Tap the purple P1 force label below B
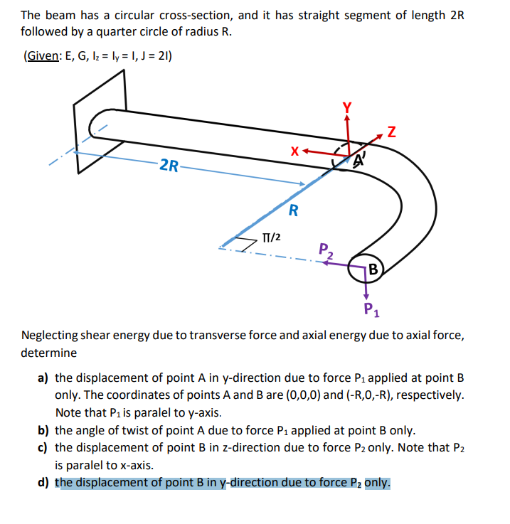pos(370,308)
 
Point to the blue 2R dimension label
pos(169,166)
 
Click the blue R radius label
pos(292,210)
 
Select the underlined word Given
pos(42,57)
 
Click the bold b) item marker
pos(43,430)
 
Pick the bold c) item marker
pos(43,447)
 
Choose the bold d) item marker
pos(43,482)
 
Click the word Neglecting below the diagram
pos(53,335)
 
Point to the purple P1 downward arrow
pos(367,290)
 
